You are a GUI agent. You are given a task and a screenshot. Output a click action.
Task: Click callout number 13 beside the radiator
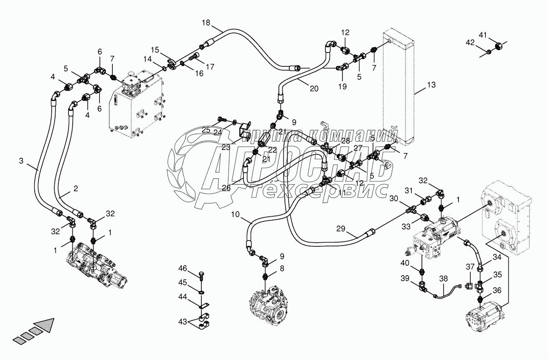(x=431, y=85)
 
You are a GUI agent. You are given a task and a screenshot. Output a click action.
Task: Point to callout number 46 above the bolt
(x=183, y=268)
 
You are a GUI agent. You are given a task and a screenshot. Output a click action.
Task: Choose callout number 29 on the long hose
(x=341, y=228)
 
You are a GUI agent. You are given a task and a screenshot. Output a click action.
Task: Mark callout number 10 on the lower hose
(x=235, y=214)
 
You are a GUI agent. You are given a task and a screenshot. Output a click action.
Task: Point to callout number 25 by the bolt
(x=206, y=130)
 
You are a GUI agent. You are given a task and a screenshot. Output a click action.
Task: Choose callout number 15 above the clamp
(x=155, y=50)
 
